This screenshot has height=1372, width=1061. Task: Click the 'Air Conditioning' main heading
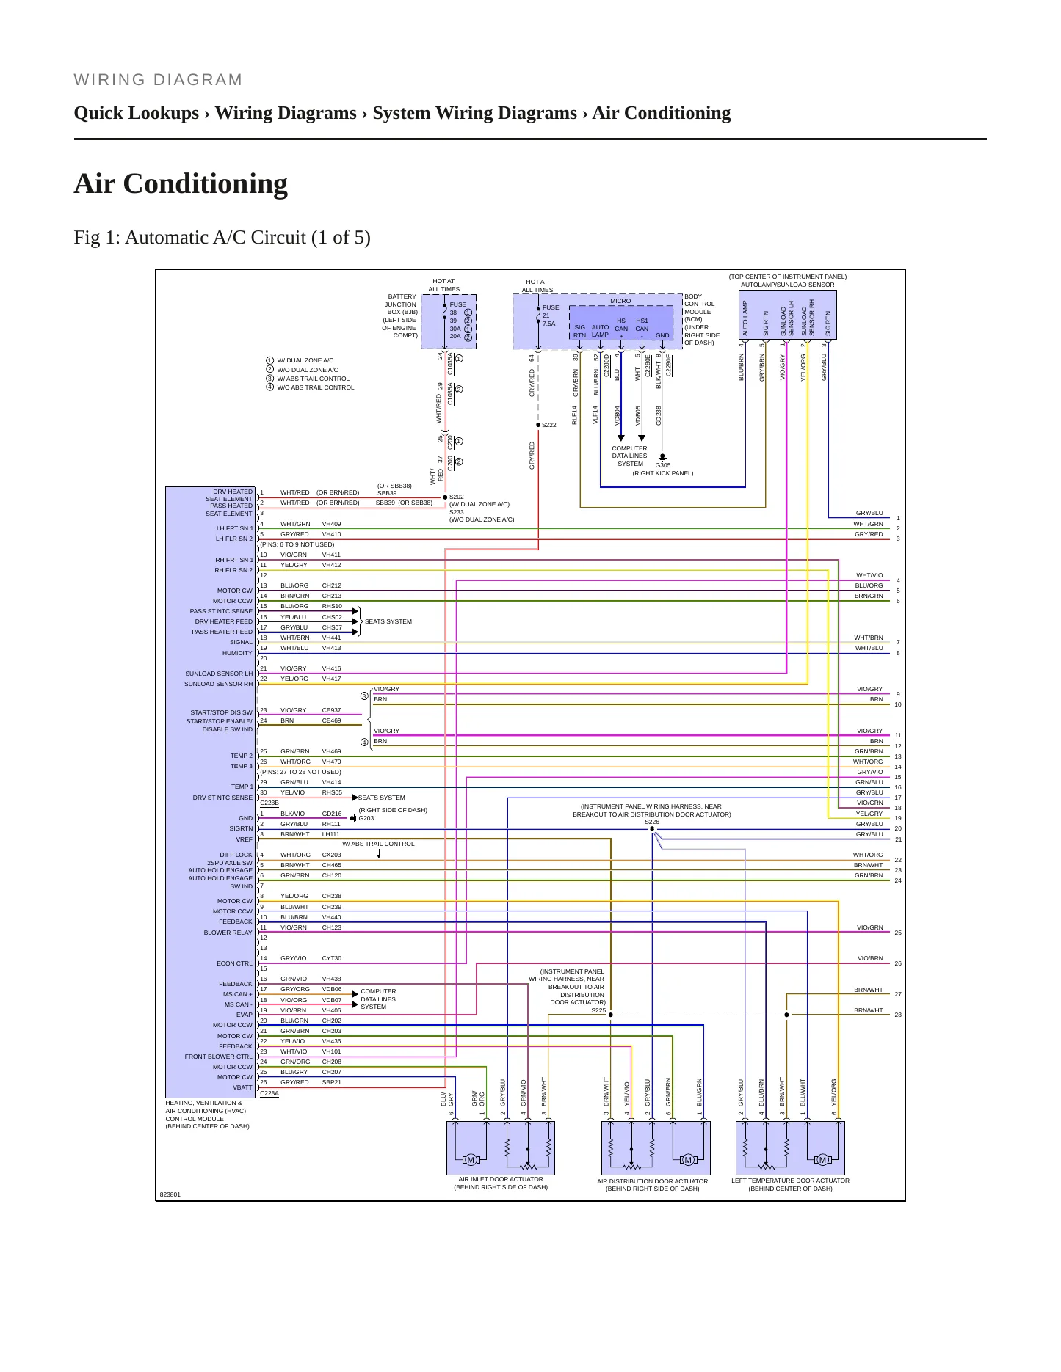(x=181, y=183)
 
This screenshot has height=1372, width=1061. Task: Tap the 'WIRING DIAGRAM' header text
(x=158, y=80)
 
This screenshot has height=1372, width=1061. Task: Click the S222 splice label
(x=549, y=425)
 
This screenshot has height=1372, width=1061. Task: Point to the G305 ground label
(x=663, y=465)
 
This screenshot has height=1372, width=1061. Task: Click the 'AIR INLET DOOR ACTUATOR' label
(x=501, y=1179)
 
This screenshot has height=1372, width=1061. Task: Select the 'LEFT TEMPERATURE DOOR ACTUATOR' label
(x=790, y=1181)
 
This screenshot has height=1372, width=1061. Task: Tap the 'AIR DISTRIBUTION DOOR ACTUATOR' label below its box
(x=653, y=1181)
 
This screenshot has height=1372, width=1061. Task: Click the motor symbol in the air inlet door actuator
(x=470, y=1159)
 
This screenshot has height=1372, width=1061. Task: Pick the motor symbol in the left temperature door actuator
(x=822, y=1159)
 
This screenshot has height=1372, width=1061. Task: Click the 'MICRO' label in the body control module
(x=620, y=301)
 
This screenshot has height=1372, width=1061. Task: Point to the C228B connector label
(x=269, y=803)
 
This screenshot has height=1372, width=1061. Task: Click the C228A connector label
(x=269, y=1093)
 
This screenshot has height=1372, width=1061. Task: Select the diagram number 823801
(x=170, y=1194)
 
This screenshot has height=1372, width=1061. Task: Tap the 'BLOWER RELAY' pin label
(x=228, y=933)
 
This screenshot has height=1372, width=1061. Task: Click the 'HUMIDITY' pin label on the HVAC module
(x=237, y=653)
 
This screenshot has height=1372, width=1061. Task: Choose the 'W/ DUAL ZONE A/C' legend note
(x=305, y=360)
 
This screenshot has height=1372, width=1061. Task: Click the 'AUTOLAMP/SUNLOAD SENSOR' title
(x=787, y=285)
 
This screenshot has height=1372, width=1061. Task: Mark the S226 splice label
(x=652, y=822)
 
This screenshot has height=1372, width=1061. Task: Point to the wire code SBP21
(x=331, y=1082)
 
